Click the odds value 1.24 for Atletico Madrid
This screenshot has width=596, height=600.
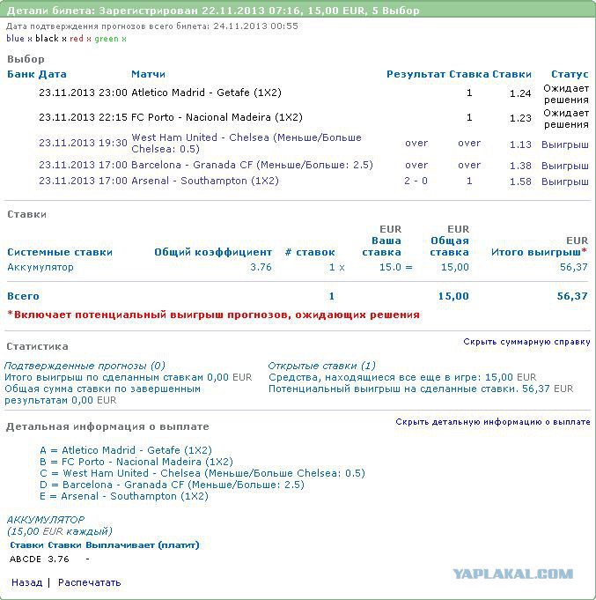(520, 93)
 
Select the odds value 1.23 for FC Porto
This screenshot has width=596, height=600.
(520, 118)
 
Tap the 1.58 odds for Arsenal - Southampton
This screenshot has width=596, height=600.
(520, 181)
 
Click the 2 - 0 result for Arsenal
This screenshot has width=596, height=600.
(416, 181)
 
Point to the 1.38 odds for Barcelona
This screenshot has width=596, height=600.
(520, 166)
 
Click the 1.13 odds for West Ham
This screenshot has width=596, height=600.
(520, 144)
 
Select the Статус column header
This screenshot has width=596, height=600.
(569, 74)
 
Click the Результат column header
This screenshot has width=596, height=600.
(416, 74)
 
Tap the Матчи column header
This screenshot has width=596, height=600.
(148, 74)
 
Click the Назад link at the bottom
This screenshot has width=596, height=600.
(26, 582)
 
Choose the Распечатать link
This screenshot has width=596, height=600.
(90, 582)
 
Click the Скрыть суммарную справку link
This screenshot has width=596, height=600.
(526, 342)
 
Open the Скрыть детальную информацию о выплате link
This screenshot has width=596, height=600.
(492, 422)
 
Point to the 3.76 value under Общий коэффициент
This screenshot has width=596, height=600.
(261, 267)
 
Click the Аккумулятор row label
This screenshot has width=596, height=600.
(40, 267)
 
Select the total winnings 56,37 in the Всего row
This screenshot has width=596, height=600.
(571, 297)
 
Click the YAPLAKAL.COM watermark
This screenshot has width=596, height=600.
(512, 574)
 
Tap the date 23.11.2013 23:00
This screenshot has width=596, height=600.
(83, 93)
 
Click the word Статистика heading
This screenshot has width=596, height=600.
(37, 346)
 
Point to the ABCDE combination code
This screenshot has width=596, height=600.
(25, 559)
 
